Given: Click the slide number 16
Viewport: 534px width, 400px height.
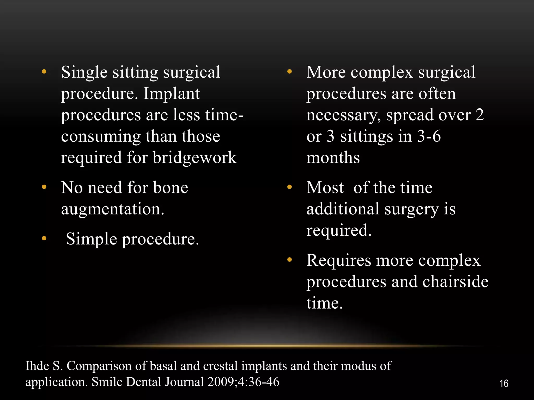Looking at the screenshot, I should (x=504, y=384).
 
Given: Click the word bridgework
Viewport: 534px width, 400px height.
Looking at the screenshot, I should (x=195, y=158).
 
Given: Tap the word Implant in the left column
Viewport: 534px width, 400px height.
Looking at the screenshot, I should (x=172, y=93).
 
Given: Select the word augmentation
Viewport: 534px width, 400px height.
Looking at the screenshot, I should (x=113, y=209).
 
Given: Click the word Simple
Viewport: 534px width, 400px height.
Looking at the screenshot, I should (x=91, y=239).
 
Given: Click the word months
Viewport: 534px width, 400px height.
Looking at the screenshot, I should (x=333, y=158).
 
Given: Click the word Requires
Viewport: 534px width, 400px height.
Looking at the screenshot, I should (x=338, y=260).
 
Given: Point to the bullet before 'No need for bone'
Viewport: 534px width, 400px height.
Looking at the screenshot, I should (x=44, y=187).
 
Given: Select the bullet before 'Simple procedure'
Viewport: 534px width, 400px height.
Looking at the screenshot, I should (x=44, y=238).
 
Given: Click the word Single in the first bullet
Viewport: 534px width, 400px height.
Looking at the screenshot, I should (x=84, y=72).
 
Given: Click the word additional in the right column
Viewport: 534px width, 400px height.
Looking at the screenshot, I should (x=343, y=209).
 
